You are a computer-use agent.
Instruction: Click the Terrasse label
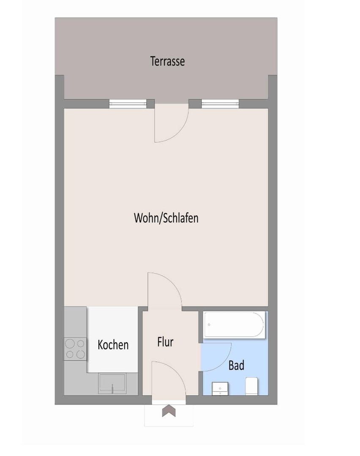tap(167, 61)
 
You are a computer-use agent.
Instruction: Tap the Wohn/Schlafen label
tap(166, 218)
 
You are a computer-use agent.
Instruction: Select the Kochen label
tap(113, 345)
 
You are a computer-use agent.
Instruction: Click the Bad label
tap(236, 365)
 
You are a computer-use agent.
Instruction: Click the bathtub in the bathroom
tap(234, 325)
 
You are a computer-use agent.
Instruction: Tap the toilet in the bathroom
tap(252, 386)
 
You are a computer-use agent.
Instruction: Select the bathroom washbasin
tap(220, 388)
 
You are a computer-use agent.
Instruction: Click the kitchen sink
tap(112, 383)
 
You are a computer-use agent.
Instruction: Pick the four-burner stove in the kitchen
tap(75, 349)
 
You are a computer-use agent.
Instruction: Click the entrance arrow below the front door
tap(169, 411)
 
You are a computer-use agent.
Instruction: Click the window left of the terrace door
tap(128, 103)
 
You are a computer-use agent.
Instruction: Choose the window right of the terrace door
tap(220, 103)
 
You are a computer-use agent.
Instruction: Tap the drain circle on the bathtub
tap(209, 325)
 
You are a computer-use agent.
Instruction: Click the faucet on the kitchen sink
tap(112, 388)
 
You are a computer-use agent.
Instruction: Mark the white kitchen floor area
tap(112, 339)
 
